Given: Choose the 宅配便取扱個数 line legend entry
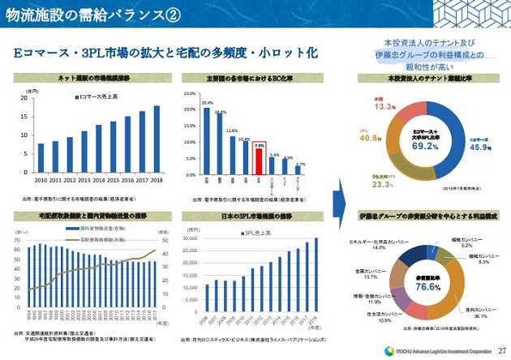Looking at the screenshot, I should point(105,241).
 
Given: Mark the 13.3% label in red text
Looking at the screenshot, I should point(384,106).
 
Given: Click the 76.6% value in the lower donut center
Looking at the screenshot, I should point(427,287).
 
